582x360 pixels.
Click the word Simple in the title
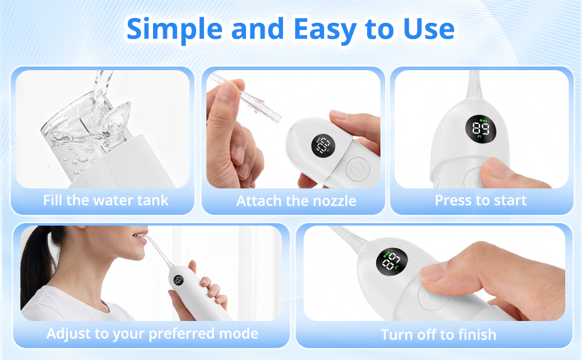pos(174,29)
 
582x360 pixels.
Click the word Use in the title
pos(429,29)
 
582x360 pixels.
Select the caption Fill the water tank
pos(106,200)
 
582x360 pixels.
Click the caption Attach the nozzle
pos(296,201)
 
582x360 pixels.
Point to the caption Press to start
pos(481,200)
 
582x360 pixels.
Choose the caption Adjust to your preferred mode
pos(152,334)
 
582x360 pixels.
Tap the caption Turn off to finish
pos(439,335)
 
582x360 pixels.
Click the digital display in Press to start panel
pos(481,129)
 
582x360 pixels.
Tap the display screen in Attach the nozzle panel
pos(323,146)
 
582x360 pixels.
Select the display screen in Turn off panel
pos(392,261)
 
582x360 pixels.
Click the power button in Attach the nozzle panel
pos(358,169)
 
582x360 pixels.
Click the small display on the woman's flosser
pos(179,280)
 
